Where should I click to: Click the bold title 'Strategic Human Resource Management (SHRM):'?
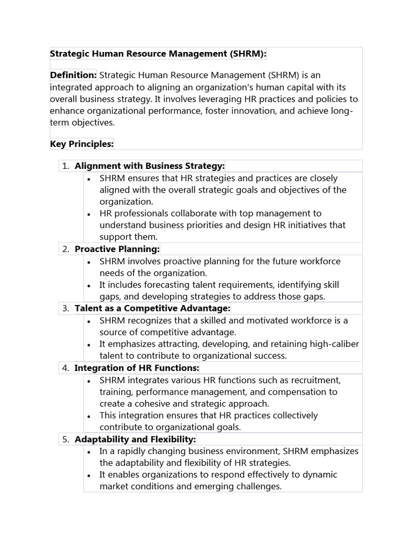pos(158,54)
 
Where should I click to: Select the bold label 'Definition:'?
pos(73,75)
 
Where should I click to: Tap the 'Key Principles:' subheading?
pos(82,144)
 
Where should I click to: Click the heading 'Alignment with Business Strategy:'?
pos(150,166)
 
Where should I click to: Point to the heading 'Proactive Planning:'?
pos(117,249)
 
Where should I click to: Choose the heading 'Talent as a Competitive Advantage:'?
pos(152,308)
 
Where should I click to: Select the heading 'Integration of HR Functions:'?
pos(137,368)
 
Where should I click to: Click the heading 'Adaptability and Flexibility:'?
pos(135,440)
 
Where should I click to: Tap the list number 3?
pos(65,308)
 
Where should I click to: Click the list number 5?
pos(65,440)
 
